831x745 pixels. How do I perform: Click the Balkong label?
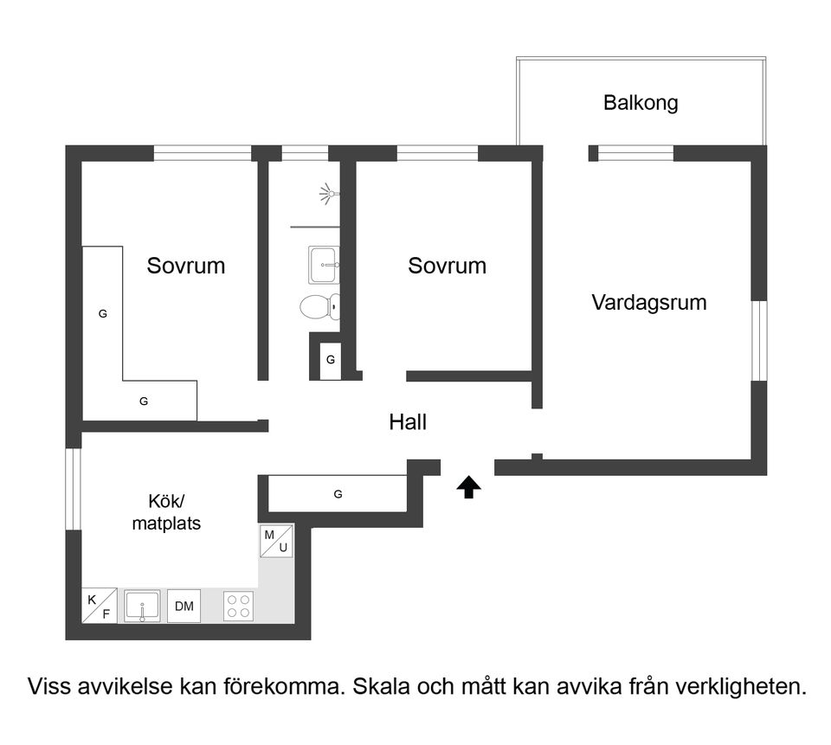[640, 103]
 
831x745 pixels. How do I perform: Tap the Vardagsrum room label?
[648, 303]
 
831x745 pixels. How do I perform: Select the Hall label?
[408, 422]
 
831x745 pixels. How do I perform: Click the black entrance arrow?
[468, 488]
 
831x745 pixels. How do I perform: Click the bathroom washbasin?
[324, 265]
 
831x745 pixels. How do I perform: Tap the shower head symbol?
[326, 193]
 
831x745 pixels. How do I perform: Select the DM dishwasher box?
[184, 606]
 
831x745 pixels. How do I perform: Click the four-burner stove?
[239, 606]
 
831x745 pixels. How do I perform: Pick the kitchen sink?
[142, 606]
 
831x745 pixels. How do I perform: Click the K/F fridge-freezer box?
[100, 605]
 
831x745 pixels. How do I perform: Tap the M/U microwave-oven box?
[276, 542]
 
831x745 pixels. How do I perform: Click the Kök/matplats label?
[166, 512]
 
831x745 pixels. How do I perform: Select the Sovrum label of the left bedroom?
[185, 265]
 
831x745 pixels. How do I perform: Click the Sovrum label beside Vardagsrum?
[447, 265]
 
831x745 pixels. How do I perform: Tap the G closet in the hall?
[338, 494]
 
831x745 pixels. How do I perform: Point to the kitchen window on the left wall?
[74, 488]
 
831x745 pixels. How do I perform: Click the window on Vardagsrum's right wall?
[758, 340]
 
